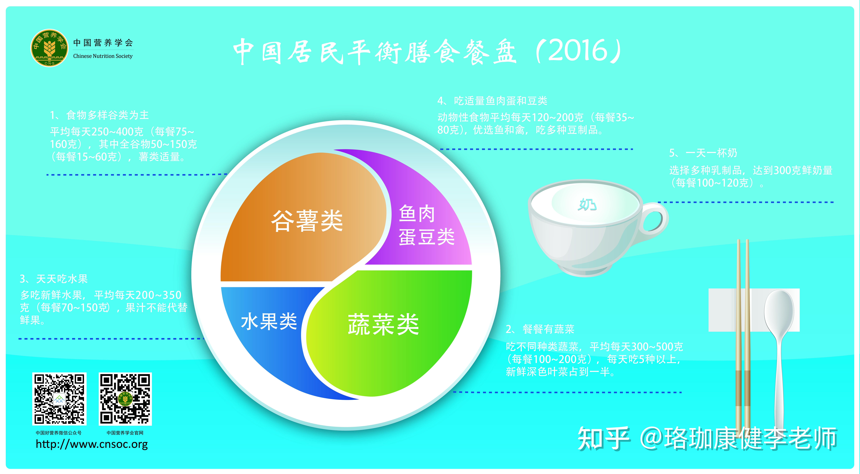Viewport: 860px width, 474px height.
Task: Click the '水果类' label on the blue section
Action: [269, 321]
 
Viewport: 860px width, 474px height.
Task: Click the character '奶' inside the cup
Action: [587, 204]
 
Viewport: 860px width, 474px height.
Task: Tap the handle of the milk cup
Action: [654, 219]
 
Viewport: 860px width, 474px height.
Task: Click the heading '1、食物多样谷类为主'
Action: [99, 115]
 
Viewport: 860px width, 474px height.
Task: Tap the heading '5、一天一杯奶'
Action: [703, 153]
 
